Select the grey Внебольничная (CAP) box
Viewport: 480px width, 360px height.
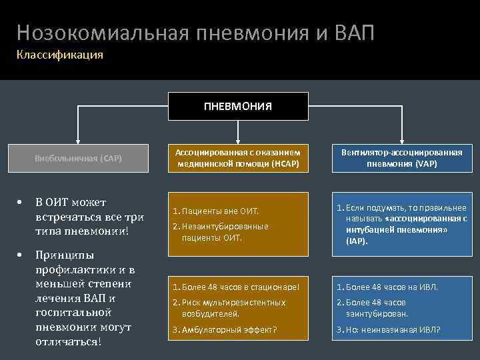tap(79, 159)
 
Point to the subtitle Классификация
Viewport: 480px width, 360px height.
tap(60, 55)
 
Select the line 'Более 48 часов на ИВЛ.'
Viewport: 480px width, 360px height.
tap(392, 287)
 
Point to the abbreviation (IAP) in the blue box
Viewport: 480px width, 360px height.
tap(357, 241)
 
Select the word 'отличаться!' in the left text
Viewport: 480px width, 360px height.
tap(69, 342)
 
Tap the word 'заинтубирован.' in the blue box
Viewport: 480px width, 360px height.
tap(377, 313)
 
